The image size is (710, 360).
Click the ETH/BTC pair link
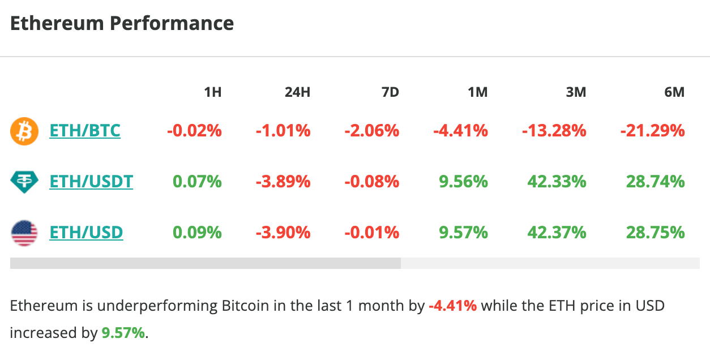85,131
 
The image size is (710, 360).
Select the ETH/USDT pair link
91,182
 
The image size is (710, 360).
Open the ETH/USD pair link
86,233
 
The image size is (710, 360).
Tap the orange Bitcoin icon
24,131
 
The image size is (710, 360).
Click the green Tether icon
24,182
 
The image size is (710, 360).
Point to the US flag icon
24,233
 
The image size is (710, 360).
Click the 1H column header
212,92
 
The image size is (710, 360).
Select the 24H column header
297,92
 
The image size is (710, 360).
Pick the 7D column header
390,92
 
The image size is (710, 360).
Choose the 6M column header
674,92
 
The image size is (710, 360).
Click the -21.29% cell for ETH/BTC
652,131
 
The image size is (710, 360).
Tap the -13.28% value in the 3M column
554,131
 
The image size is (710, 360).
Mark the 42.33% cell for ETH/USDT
557,182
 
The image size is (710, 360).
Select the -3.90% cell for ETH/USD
283,233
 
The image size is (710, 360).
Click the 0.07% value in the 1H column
197,182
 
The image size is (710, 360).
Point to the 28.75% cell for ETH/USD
655,233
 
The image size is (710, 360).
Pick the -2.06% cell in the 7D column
371,131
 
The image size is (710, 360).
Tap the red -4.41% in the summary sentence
452,306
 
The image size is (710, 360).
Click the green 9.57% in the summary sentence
123,333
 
